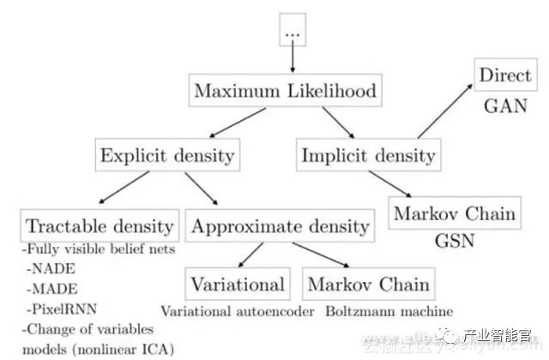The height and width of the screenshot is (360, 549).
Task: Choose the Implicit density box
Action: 368,155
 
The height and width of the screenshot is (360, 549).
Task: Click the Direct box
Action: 505,75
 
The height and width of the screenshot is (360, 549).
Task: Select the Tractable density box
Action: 100,226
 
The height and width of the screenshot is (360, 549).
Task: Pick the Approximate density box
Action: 281,226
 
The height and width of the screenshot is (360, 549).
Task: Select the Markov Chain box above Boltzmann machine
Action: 366,284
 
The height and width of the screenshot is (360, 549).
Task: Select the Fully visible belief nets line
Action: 96,249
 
